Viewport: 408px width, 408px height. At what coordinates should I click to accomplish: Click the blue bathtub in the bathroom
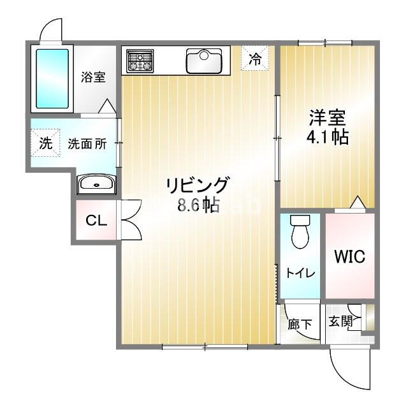[52, 78]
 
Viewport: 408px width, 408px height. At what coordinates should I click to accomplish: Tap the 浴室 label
[93, 77]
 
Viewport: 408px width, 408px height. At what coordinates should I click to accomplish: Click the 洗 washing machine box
[45, 143]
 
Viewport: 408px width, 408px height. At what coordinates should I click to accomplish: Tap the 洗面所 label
[87, 143]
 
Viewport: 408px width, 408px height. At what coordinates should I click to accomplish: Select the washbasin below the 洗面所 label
[96, 184]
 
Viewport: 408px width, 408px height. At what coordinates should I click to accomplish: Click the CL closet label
[96, 221]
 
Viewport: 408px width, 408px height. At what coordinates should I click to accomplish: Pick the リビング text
[197, 186]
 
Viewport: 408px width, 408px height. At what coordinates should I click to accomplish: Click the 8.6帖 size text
[197, 205]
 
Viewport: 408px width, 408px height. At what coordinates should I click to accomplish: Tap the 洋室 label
[328, 118]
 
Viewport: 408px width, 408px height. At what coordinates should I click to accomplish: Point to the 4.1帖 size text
[328, 137]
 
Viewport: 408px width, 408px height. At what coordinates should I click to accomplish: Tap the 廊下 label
[299, 324]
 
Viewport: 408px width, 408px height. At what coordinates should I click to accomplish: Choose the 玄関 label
[340, 321]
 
